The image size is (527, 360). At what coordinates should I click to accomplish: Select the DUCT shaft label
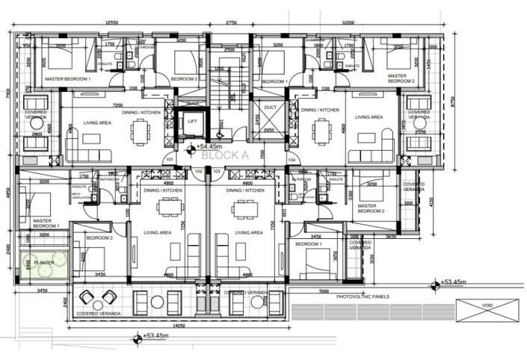coord(271,108)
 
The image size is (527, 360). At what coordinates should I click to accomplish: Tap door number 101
coord(170,158)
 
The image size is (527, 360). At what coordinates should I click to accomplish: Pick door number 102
coord(198,171)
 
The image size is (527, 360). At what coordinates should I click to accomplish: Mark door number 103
coord(217,171)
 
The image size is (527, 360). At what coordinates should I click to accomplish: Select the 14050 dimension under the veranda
coord(176,326)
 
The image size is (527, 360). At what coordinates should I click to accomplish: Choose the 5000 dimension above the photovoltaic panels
coord(324,291)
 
